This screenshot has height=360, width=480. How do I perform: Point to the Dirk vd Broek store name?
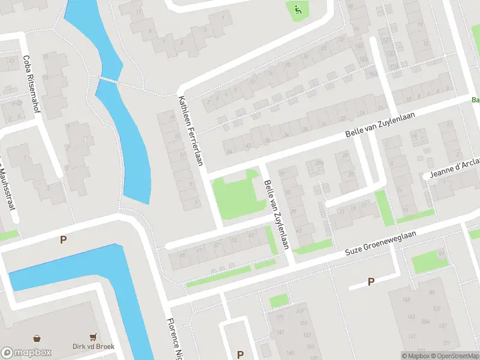(x=93, y=346)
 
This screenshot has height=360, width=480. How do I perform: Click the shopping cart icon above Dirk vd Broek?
(x=93, y=337)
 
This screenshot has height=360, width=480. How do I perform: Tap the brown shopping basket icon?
(x=38, y=338)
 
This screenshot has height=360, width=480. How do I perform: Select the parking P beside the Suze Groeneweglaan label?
(x=371, y=281)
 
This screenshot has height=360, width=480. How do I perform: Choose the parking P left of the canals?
(x=63, y=240)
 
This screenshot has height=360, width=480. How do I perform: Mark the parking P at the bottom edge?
(x=240, y=354)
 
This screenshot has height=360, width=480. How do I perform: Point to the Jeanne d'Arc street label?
(x=454, y=169)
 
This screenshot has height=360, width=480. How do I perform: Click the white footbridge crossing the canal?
(x=109, y=79)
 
